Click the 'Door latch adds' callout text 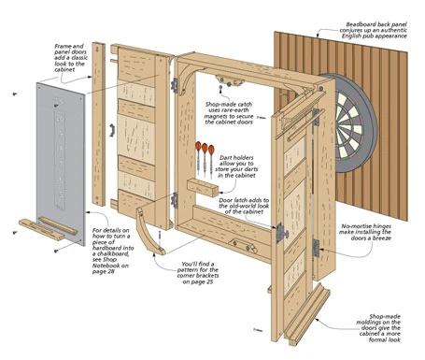click(246, 207)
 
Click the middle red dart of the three click(205, 150)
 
